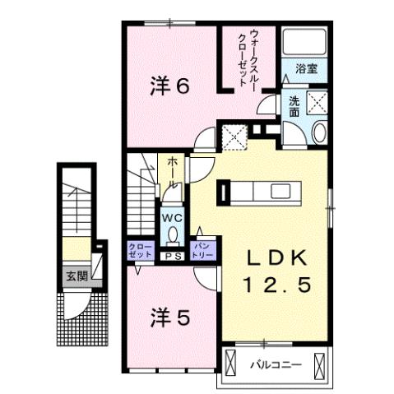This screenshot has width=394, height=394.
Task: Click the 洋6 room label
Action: [x=172, y=85]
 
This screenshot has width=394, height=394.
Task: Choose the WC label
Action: [x=171, y=217]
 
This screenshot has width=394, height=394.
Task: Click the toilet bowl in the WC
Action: [x=171, y=234]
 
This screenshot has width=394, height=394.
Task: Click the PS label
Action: [x=174, y=257]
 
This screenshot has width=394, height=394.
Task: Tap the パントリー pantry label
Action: [x=202, y=250]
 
